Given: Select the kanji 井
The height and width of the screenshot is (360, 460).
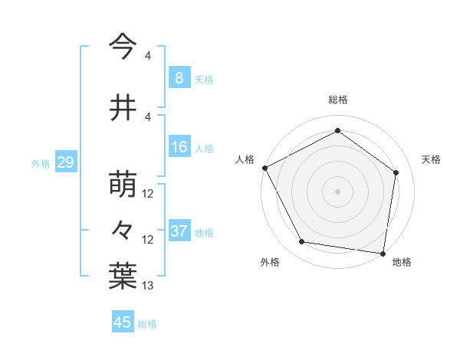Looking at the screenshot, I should coord(123,108).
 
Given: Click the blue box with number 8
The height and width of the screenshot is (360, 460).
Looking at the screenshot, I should coord(179,77).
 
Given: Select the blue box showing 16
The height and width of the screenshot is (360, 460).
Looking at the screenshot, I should coord(179,147).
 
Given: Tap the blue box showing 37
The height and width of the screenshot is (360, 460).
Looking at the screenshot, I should coord(179,231).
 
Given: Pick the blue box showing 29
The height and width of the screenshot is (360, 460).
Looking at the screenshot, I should coord(65,162).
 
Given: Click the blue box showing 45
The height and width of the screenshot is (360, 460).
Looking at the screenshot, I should coord(123,322).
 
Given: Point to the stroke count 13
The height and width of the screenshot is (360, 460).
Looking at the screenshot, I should coord(149,286).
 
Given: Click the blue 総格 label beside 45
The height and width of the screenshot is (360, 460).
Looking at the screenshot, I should coord(147,324).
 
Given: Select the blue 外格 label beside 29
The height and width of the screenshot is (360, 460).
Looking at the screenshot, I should coord(41,164).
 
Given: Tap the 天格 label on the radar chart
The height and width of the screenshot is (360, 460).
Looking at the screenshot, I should coord(431,159).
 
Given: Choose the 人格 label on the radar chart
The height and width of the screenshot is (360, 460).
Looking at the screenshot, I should coord(245,159).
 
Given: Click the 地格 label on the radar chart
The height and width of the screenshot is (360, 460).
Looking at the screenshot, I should coord(402,262).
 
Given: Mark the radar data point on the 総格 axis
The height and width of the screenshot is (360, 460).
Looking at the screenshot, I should coord(337,131).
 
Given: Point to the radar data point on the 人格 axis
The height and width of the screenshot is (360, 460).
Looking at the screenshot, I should coord(264,168).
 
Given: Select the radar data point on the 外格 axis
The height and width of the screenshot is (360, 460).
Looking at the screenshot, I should coord(302,242).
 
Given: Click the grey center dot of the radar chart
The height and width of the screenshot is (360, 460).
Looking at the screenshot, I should coord(337,191).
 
